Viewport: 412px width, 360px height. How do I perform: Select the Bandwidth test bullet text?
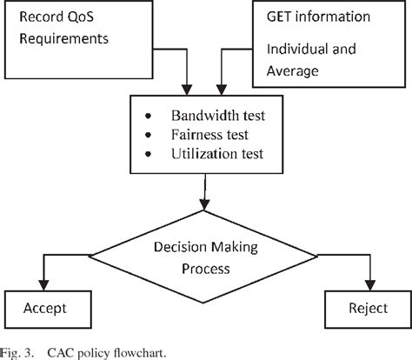coord(217,116)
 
